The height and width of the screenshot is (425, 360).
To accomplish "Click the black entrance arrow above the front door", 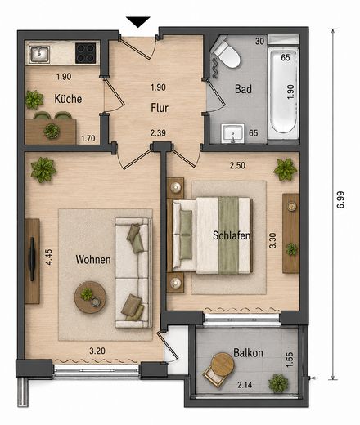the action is pos(138,21).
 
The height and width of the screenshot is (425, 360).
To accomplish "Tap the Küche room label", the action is pos(68,99).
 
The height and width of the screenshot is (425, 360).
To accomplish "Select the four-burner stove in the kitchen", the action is pos(86,53).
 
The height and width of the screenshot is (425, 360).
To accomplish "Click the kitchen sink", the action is pos(40,54).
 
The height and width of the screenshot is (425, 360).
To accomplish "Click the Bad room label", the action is pos(243,89).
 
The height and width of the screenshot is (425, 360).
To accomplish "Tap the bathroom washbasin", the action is pos(232,133).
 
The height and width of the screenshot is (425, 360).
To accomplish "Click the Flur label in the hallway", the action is pos(160,108).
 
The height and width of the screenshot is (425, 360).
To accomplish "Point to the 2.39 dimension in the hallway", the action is pos(158,133).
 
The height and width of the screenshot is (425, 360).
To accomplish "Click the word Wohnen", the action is pos(93,259).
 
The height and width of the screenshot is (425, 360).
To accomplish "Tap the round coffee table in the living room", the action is pos(90,297).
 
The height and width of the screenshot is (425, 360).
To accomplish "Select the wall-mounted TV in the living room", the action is pos(32,259).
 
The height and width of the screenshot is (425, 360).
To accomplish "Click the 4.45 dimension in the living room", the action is pos(48,257).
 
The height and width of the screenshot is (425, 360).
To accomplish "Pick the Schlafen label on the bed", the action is pos(232,235).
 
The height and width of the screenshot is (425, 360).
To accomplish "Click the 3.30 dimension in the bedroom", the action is pos(272,240).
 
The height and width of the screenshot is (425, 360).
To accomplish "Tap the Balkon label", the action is pos(248,353).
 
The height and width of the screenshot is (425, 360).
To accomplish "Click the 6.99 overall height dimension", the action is pos(340,200).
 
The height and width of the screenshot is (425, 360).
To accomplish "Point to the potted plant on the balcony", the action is pos(278,383).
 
